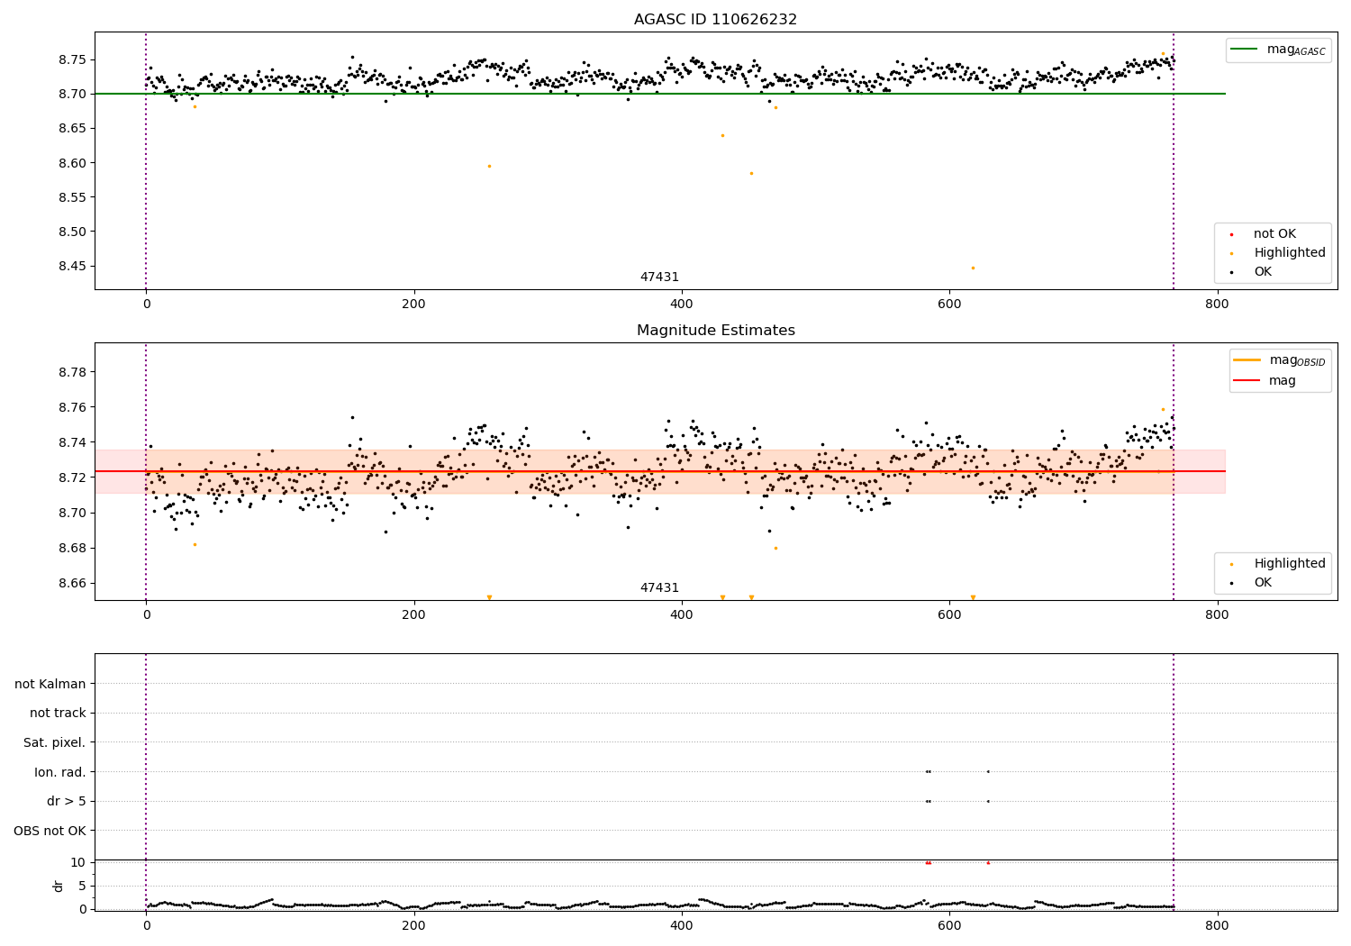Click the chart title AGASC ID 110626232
pyautogui.click(x=715, y=20)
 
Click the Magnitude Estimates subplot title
pyautogui.click(x=715, y=331)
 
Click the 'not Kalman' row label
pyautogui.click(x=50, y=684)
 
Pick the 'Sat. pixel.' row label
pyautogui.click(x=55, y=742)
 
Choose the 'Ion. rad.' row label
pyautogui.click(x=60, y=772)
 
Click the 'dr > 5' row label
pyautogui.click(x=67, y=801)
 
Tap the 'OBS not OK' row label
pyautogui.click(x=50, y=831)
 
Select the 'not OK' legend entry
pyautogui.click(x=1274, y=234)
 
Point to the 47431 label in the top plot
pyautogui.click(x=659, y=277)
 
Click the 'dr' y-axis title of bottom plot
pyautogui.click(x=59, y=886)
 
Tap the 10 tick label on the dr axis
pyautogui.click(x=77, y=862)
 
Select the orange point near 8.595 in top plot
pyautogui.click(x=489, y=166)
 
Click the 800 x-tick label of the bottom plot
pyautogui.click(x=1217, y=925)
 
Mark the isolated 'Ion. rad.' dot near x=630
pyautogui.click(x=988, y=771)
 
